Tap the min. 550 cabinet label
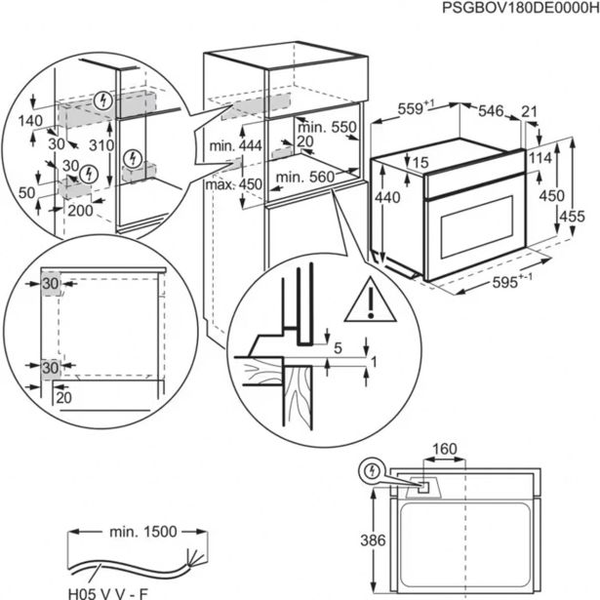coord(325,128)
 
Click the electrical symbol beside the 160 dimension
coord(372,472)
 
